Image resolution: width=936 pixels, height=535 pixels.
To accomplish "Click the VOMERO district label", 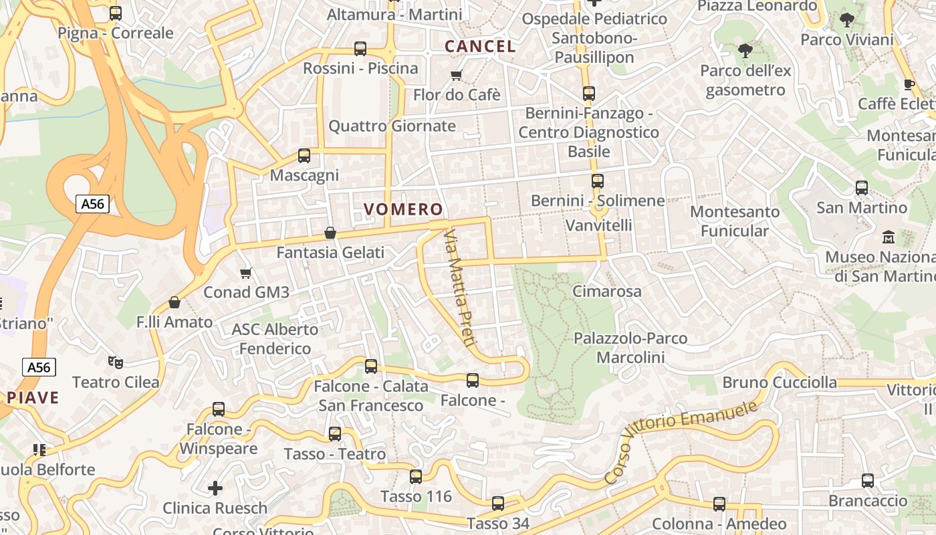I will [x=403, y=209].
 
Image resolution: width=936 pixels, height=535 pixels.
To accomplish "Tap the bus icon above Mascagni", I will [x=304, y=156].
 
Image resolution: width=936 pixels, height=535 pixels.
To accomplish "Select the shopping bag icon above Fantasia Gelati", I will [x=330, y=233].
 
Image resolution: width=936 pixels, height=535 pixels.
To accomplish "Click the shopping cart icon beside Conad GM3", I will [x=246, y=273].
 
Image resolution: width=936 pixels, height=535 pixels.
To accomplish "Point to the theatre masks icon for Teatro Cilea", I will [x=116, y=362].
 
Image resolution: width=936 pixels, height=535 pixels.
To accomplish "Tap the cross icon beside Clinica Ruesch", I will [x=215, y=488].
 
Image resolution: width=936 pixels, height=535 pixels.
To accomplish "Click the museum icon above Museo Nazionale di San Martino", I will [x=889, y=237].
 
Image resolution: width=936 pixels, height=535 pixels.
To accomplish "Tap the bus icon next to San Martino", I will [x=862, y=188].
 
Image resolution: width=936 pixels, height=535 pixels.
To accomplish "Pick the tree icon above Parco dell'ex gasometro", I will [x=744, y=50].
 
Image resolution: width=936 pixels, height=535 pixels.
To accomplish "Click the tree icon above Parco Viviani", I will [x=847, y=20].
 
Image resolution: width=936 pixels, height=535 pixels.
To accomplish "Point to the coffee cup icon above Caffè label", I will [x=909, y=84].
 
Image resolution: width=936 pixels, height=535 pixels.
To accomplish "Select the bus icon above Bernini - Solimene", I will [x=598, y=181].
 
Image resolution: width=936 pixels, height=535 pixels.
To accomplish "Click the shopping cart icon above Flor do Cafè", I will [x=457, y=75].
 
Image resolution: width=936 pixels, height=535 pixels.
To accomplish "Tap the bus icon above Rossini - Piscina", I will [x=360, y=48].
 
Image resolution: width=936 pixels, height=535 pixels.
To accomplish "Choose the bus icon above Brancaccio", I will [x=867, y=481].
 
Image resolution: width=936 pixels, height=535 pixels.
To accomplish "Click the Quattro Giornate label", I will [x=392, y=126].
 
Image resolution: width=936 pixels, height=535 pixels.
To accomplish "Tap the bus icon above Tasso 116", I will [x=416, y=477].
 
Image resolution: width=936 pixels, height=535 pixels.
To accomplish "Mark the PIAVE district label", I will [x=33, y=398].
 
